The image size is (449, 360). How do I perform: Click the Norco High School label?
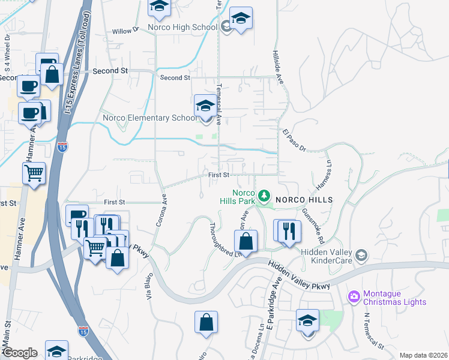click(x=185, y=27)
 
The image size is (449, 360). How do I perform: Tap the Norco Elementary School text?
click(x=150, y=118)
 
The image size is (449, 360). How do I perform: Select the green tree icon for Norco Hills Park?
click(x=264, y=196)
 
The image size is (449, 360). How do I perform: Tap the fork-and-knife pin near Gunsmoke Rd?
click(x=289, y=230)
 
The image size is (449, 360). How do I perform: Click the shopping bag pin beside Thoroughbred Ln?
click(x=246, y=241)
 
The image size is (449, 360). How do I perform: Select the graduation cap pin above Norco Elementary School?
click(x=205, y=107)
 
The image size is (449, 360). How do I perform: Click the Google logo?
click(x=20, y=353)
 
